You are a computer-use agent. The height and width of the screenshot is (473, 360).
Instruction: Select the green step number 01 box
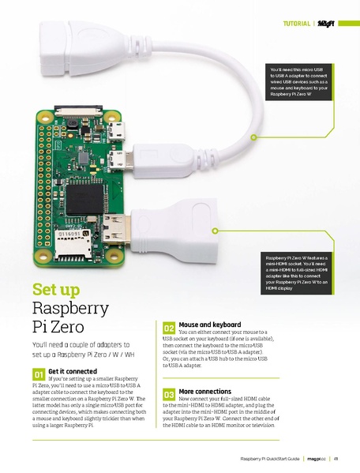click(x=39, y=374)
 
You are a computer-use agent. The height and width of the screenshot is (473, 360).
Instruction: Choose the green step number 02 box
click(x=168, y=327)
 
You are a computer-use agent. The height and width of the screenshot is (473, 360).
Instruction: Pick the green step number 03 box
click(x=168, y=393)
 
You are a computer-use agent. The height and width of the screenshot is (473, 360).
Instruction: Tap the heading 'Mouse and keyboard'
click(x=209, y=324)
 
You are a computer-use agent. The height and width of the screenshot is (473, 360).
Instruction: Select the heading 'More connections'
click(x=205, y=391)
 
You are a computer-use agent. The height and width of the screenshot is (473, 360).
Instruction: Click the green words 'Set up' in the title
click(x=54, y=290)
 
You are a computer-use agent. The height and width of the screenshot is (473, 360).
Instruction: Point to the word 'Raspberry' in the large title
click(x=69, y=308)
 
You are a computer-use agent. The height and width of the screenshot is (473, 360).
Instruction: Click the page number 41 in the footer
click(x=336, y=458)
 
